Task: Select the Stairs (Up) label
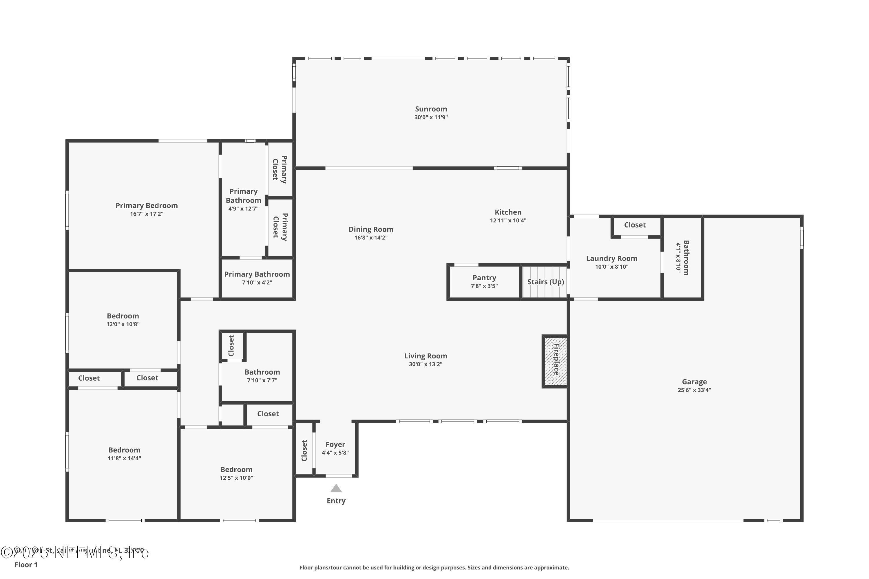click(545, 282)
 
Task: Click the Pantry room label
click(484, 278)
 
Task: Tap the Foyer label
click(335, 445)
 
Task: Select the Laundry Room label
click(611, 259)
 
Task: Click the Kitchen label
click(508, 212)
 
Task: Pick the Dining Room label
click(371, 229)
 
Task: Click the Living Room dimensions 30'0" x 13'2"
click(425, 364)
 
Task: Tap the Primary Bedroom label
click(147, 206)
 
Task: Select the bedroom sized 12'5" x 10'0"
click(236, 473)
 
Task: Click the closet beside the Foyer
click(304, 450)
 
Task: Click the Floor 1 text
click(26, 565)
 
